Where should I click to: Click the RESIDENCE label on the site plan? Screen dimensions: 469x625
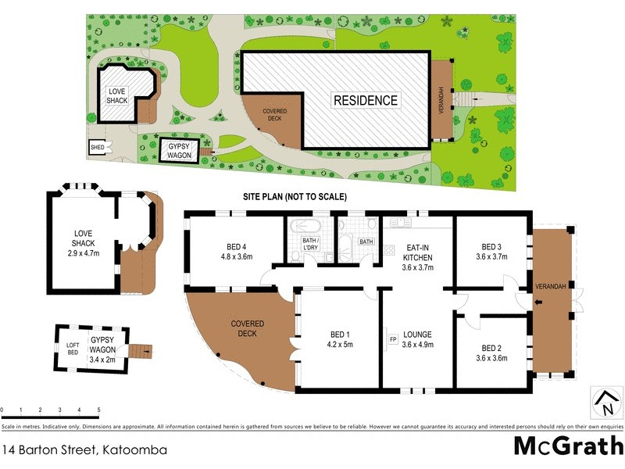coord(366,100)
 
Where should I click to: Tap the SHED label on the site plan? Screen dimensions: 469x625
coord(98,145)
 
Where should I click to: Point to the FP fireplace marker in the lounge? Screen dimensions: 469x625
coord(393,339)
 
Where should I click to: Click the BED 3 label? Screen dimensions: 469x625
coord(491,245)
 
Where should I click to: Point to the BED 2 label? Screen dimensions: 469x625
coord(491,348)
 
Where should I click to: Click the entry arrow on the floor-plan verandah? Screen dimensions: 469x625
coord(538,300)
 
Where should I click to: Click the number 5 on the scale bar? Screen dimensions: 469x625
coord(98,410)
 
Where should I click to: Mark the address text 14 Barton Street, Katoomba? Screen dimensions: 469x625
coord(84,449)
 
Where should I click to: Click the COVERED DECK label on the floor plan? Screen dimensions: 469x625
coord(247,328)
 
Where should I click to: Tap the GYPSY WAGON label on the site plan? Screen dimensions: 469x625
coord(173,149)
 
